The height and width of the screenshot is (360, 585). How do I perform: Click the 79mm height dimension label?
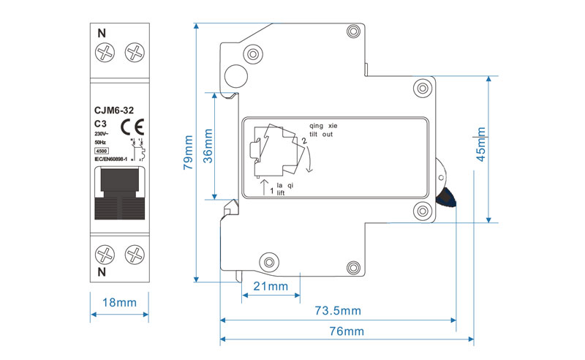tap(189, 153)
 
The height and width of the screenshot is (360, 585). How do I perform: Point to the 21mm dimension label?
tap(270, 285)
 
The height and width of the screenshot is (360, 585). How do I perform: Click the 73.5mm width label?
tap(338, 310)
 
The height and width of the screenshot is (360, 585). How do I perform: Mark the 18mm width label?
tap(120, 302)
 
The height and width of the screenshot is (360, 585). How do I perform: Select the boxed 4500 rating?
tap(102, 151)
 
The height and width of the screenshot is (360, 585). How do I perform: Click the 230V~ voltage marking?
tap(102, 134)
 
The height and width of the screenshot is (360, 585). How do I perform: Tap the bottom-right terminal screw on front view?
tap(135, 255)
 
